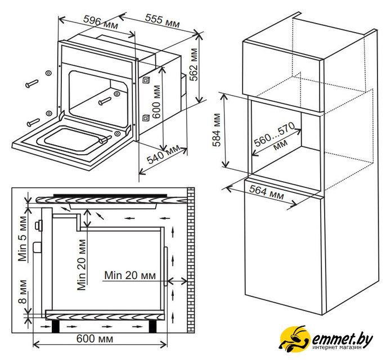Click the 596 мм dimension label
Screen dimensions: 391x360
tap(100, 22)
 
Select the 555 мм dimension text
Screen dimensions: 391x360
tap(163, 20)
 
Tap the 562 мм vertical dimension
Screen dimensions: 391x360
tap(194, 65)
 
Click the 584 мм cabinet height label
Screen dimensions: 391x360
tap(217, 130)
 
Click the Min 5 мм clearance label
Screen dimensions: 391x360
tap(23, 238)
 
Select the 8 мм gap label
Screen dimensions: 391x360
tap(23, 291)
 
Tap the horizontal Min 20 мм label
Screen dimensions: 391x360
tap(130, 275)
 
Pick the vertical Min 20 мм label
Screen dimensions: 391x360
tap(82, 265)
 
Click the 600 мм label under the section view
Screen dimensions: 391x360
tap(95, 339)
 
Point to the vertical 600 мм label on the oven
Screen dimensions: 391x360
tap(156, 102)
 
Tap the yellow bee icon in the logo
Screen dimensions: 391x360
tap(294, 338)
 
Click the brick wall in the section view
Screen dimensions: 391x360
tap(191, 260)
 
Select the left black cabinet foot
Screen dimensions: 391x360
tap(56, 326)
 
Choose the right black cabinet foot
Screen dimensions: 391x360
tap(152, 326)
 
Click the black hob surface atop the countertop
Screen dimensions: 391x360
tap(110, 195)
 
